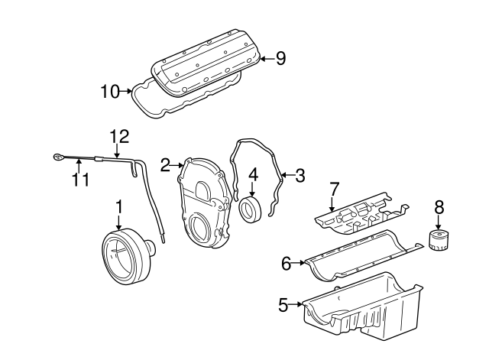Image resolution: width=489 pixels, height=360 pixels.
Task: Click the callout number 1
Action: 119,206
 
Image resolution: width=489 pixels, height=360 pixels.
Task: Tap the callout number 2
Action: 164,164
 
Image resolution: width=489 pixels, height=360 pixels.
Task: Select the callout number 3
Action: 300,176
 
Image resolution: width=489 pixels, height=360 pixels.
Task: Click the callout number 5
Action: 283,306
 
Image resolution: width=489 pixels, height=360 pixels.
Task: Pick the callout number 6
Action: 287,264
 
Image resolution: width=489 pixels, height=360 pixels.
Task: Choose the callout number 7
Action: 333,188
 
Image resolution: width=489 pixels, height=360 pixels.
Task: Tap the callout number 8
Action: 439,206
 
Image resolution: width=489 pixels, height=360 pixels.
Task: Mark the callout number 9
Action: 280,58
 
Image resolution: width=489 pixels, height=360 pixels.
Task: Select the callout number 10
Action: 110,92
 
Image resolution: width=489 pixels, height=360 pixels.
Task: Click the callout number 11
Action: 80,180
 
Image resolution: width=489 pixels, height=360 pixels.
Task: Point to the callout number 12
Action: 118,137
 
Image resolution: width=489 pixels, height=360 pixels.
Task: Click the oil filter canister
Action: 438,240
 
